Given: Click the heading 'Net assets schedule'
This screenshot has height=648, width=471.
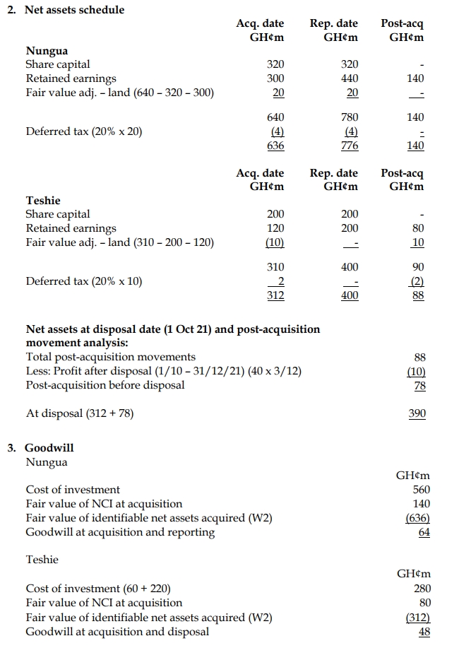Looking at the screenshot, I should (x=74, y=10).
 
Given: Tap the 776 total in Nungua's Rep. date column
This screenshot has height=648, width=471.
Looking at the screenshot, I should (x=349, y=146).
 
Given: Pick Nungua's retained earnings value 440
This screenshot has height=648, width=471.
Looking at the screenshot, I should (x=349, y=78).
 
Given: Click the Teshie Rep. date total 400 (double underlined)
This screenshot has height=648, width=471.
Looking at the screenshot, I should (x=349, y=295).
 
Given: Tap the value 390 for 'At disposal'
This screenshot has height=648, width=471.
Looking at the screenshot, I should (x=417, y=413).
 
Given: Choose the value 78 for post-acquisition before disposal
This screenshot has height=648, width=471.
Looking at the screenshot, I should (x=419, y=385).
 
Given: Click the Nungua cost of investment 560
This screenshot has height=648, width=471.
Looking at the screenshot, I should (x=421, y=490).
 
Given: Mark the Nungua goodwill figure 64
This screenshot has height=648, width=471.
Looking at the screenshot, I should (x=424, y=532).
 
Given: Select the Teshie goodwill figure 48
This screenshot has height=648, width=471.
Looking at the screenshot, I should (x=424, y=632).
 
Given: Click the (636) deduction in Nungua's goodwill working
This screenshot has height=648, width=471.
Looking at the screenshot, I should (x=419, y=518).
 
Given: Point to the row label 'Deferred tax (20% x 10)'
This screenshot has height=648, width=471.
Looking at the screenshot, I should (x=84, y=281).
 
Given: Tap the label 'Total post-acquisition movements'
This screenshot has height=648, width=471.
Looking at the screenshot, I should (x=111, y=357).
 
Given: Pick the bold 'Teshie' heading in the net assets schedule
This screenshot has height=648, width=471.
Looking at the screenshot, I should (x=42, y=200).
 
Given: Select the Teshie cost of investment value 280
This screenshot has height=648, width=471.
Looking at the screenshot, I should (x=421, y=589).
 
